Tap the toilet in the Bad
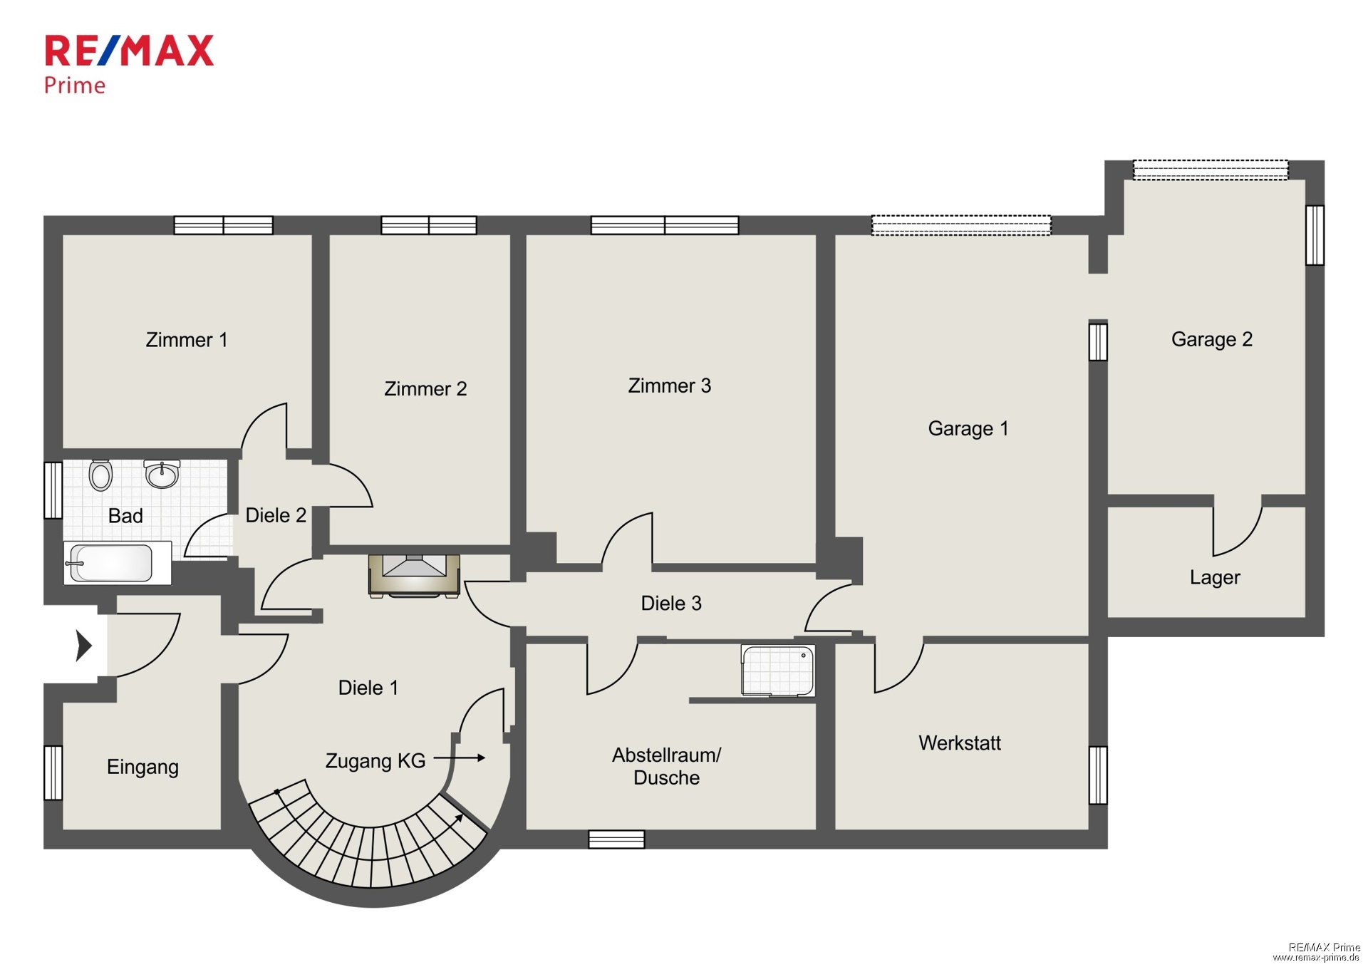point(100,475)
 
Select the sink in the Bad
point(162,474)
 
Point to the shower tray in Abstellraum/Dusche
point(778,670)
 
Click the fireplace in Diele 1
point(414,575)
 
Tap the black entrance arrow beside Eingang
point(84,646)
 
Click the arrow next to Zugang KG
point(460,758)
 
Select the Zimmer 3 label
point(669,386)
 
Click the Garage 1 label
point(968,428)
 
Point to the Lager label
point(1215,577)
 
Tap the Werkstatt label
point(960,743)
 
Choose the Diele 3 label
point(671,603)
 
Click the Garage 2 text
point(1211,339)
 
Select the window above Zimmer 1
point(224,225)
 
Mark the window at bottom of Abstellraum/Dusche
point(616,839)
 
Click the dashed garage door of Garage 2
point(1211,170)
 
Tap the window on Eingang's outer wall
point(53,772)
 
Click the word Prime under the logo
point(75,86)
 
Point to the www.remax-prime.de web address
point(1316,957)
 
